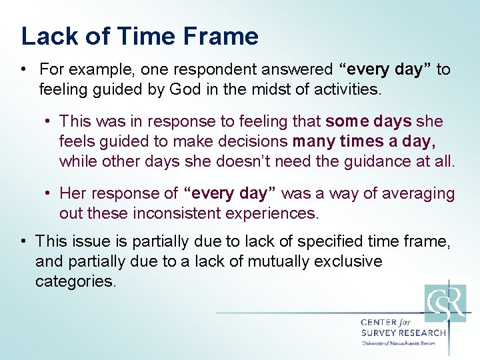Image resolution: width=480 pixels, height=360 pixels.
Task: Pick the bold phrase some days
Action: [369, 121]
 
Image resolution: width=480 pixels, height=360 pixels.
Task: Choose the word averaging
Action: [413, 194]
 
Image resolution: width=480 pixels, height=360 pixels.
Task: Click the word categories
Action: [75, 281]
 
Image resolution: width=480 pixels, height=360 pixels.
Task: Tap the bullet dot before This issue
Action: [23, 241]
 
